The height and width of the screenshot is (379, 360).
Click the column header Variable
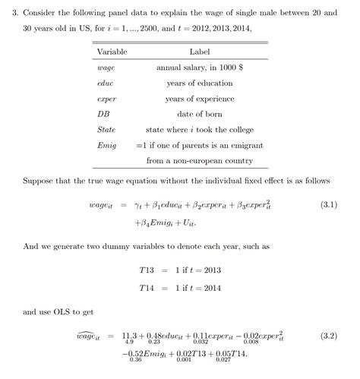(112, 52)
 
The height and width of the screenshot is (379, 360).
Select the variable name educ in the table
(106, 83)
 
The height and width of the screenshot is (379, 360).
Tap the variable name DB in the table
(104, 114)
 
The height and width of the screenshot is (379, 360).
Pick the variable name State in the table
(106, 130)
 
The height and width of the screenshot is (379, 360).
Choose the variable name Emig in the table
(107, 145)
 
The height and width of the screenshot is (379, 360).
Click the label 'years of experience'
(199, 99)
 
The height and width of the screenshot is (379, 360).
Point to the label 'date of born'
(199, 114)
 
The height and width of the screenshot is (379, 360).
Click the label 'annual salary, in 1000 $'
(199, 68)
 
